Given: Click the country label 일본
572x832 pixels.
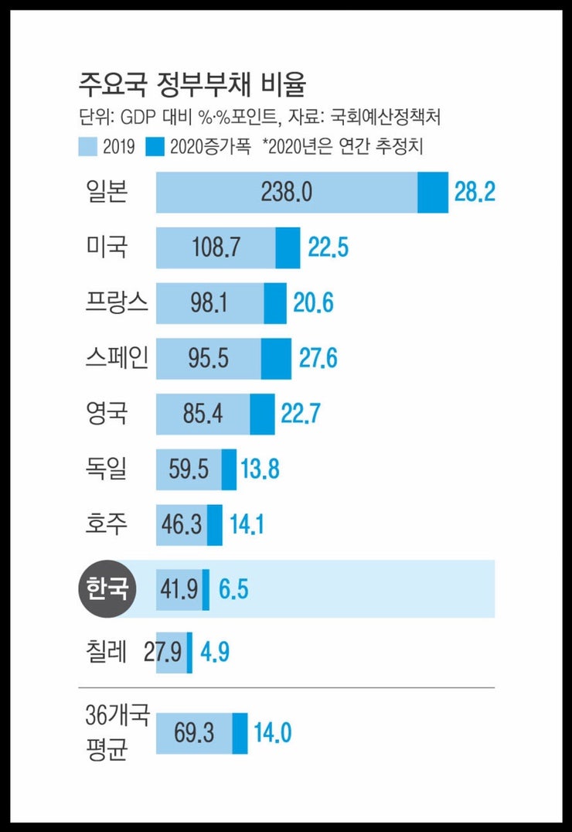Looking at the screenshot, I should coord(107,192).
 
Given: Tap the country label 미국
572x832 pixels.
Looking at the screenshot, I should coord(107,247).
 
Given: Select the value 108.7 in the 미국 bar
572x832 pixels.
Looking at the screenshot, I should coord(215,248).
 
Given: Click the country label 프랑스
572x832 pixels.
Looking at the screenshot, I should coord(117,302).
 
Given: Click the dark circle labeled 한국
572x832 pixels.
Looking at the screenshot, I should coord(107,588).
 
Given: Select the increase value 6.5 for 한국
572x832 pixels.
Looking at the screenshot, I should coord(233,589).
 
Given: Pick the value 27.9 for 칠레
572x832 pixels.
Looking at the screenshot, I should coord(163,653).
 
